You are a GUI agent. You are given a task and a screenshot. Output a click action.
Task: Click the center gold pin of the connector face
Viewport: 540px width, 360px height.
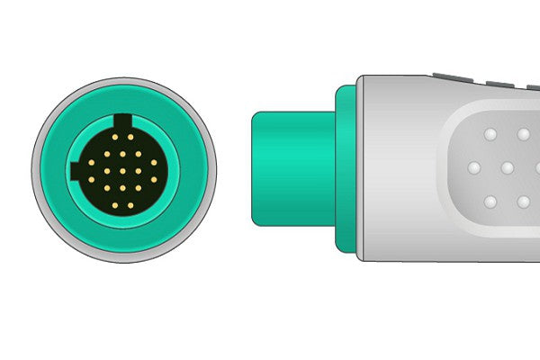(x=122, y=170)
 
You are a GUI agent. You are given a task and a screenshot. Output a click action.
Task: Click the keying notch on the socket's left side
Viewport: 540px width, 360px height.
(x=75, y=171)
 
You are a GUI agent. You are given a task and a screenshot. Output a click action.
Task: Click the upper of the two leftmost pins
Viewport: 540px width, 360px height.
(x=90, y=163)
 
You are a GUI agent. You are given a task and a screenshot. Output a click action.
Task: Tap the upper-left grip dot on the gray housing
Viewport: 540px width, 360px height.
(x=490, y=135)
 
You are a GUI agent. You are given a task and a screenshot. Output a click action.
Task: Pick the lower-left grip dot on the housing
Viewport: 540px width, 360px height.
(x=490, y=202)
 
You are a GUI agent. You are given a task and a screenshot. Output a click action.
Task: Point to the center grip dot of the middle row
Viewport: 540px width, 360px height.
(x=508, y=168)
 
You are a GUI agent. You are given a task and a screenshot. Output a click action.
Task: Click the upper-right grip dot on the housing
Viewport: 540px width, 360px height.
(x=524, y=135)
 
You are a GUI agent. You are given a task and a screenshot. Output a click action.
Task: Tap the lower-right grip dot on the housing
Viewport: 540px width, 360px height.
(x=524, y=202)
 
